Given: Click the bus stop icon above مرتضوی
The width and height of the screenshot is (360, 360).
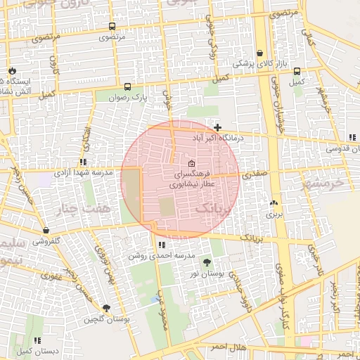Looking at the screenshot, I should [112, 26].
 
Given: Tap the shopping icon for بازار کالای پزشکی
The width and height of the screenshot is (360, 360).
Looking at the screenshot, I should [260, 53].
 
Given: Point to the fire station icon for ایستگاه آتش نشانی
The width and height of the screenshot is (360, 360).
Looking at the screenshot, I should [11, 71].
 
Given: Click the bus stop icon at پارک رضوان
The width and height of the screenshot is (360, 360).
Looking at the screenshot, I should [127, 87].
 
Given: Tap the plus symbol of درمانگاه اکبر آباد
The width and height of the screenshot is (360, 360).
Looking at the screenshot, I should [218, 127].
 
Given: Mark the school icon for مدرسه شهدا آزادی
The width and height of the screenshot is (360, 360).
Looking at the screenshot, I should [84, 162].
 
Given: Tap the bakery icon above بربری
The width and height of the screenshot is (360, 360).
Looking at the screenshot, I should [273, 202].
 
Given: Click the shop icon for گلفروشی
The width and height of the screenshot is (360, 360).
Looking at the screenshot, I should [46, 230].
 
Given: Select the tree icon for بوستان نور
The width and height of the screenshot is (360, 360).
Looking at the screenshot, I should [206, 262].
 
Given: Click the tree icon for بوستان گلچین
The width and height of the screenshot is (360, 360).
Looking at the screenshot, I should [106, 308].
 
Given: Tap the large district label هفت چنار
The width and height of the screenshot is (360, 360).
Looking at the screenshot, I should [79, 209].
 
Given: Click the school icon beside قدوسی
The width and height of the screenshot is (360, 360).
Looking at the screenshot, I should [351, 137].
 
